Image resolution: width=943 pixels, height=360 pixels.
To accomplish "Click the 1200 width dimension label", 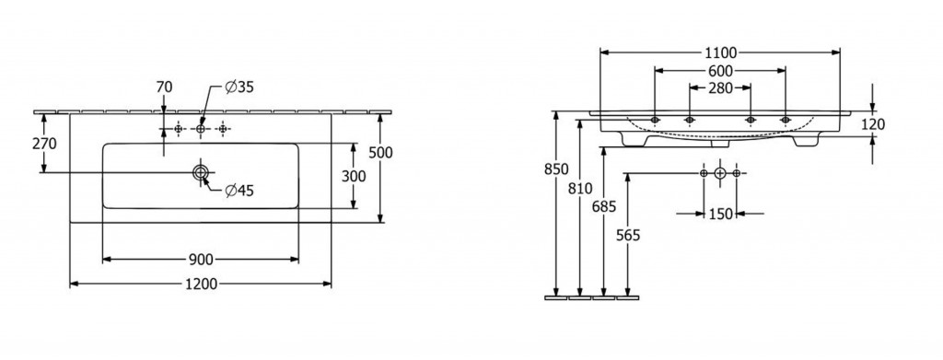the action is coord(201,284).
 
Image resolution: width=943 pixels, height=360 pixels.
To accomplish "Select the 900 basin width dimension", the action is coord(201,260).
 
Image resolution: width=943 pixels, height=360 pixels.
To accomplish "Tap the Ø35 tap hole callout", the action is coord(239,87).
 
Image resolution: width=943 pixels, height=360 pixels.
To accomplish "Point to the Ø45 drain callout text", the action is coord(239,192).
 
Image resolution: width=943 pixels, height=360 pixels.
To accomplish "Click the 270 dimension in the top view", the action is coord(44,145).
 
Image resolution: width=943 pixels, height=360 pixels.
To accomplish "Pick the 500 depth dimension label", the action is coord(380,153).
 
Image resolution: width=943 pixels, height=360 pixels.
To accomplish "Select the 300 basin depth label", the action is coord(353,176).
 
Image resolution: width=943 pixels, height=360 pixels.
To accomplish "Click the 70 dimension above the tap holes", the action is coord(164,87).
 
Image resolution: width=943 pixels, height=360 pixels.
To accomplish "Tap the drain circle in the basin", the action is coord(200,172).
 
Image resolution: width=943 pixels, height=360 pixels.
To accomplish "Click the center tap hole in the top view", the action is coord(200,129).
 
